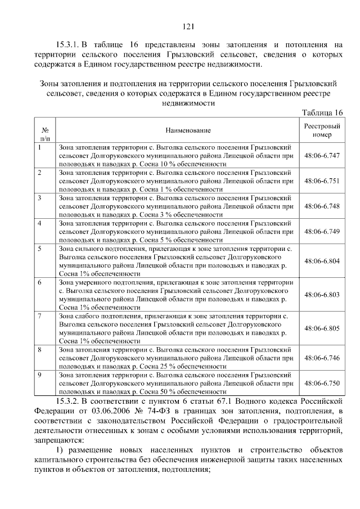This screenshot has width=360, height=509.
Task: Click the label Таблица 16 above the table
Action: (322, 112)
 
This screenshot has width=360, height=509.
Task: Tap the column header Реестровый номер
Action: (322, 130)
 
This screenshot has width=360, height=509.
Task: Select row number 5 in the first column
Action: (39, 248)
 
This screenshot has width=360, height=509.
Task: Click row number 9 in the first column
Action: (39, 375)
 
